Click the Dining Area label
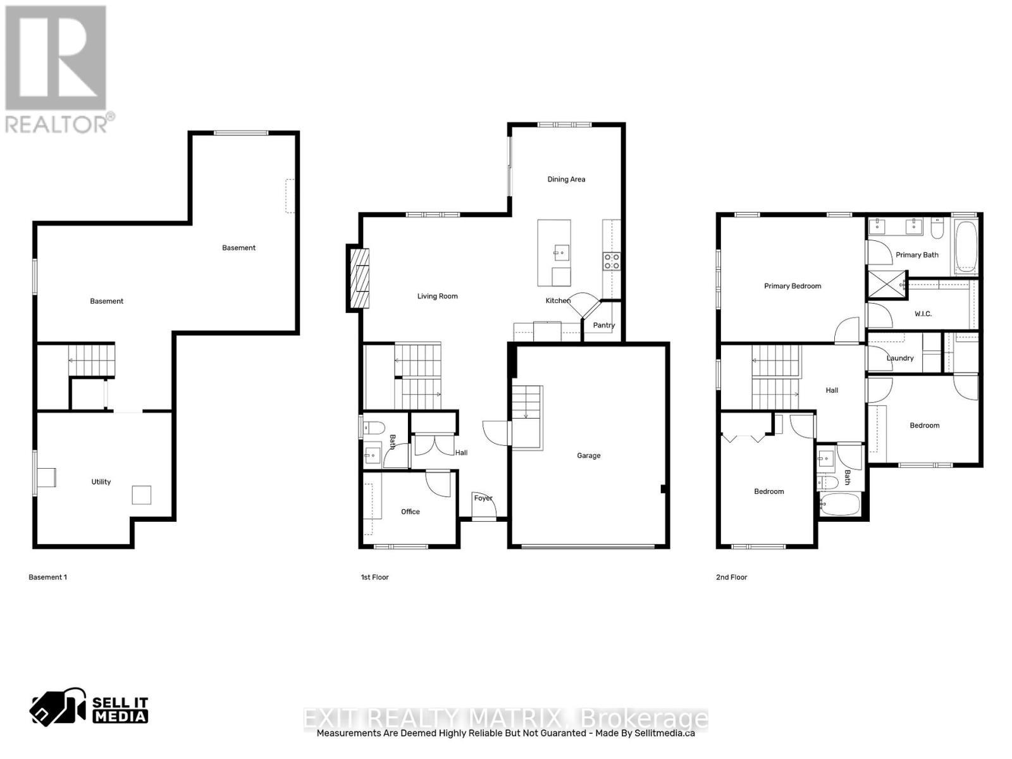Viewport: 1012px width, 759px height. coord(566,179)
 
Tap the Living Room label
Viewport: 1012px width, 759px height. coord(437,296)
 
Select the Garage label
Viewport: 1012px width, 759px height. coord(588,455)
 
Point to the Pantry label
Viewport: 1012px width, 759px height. coord(604,325)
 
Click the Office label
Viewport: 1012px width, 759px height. coord(410,512)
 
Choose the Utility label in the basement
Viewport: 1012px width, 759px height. coord(101,482)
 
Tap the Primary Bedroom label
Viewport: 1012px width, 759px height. coord(793,286)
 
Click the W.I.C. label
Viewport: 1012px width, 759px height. coord(923,314)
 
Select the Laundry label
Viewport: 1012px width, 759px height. coord(899,358)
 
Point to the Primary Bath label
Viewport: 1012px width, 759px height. coord(916,255)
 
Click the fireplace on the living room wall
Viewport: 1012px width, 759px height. coord(359,278)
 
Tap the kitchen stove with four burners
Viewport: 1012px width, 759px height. coord(612,261)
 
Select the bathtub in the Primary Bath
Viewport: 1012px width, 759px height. coord(966,247)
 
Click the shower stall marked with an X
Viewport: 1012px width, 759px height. coord(885,283)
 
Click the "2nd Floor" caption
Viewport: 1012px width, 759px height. coord(731,577)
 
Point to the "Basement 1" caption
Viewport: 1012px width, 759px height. coord(47,577)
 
